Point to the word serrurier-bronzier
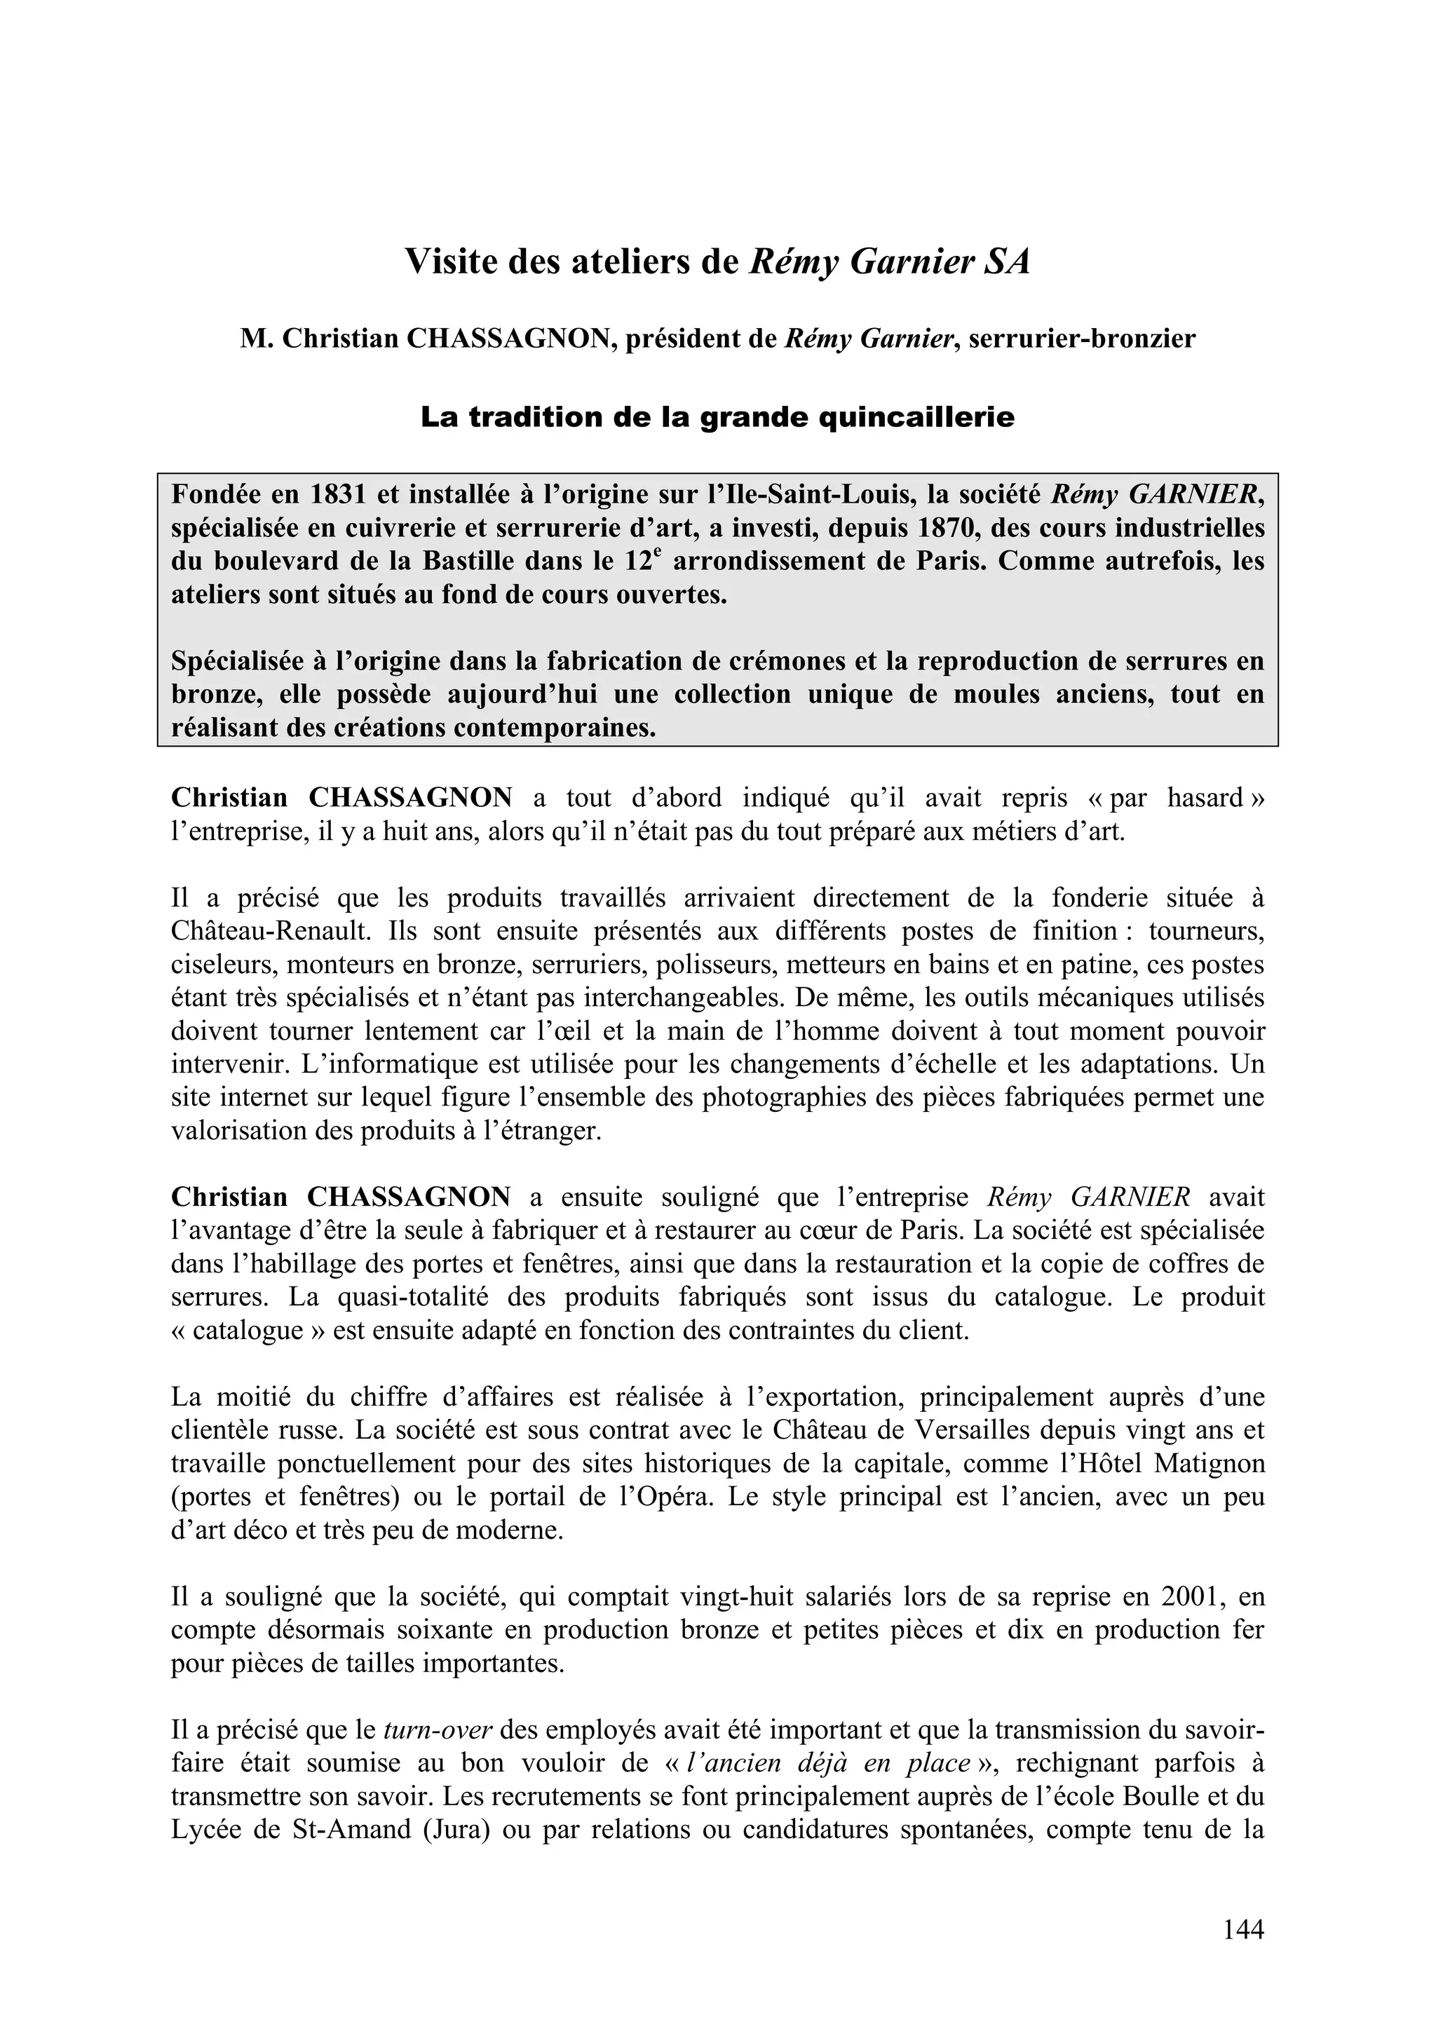(x=1082, y=339)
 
